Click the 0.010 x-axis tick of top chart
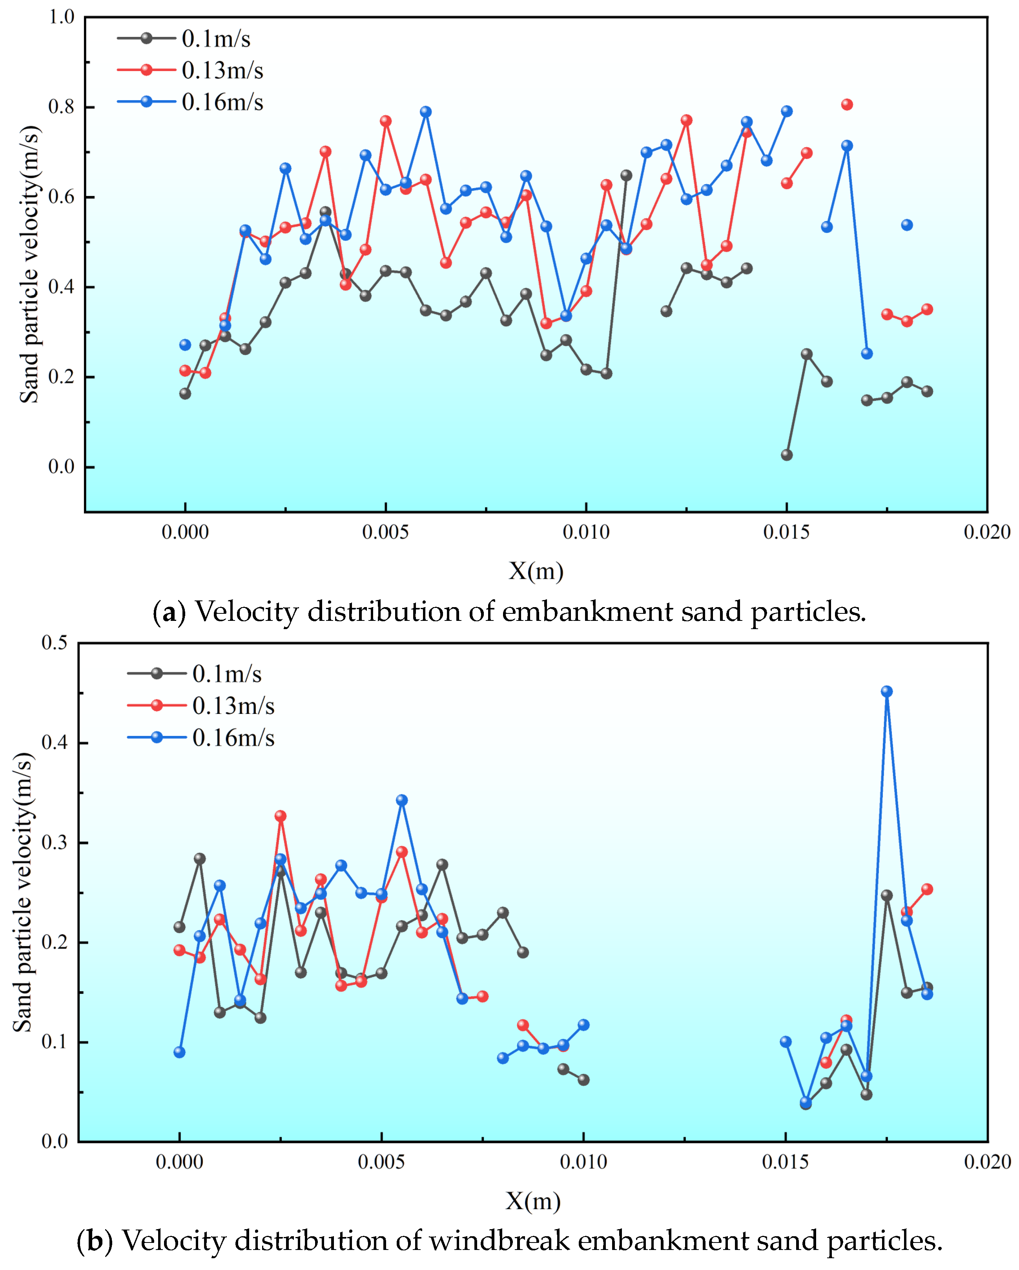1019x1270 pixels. (x=586, y=533)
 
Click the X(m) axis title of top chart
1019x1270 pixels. (x=536, y=571)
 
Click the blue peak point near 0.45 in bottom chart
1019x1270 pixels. (x=886, y=692)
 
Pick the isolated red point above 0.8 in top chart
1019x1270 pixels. (x=846, y=105)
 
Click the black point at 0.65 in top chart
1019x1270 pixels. (x=626, y=176)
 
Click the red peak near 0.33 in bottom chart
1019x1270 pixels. (x=280, y=816)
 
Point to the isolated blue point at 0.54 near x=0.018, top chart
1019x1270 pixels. (x=906, y=225)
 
